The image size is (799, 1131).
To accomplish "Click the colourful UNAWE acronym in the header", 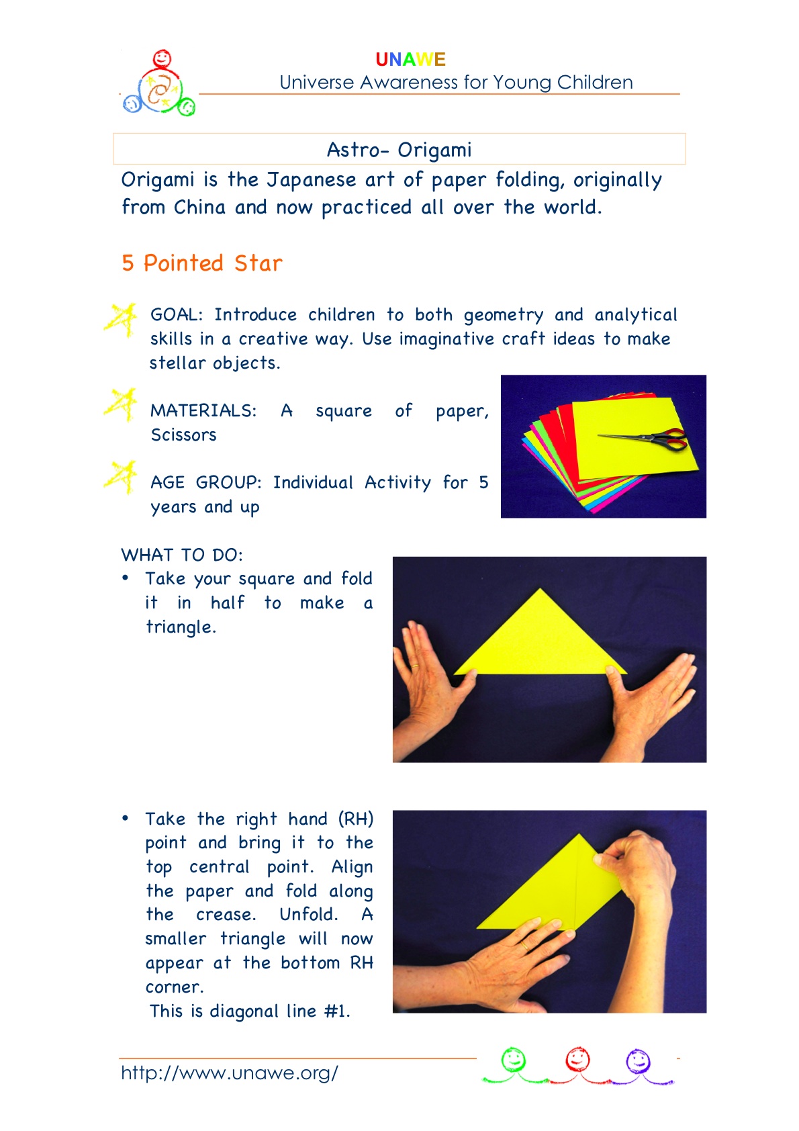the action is pyautogui.click(x=410, y=60).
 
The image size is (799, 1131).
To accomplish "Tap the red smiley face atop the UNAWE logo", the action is pyautogui.click(x=162, y=58).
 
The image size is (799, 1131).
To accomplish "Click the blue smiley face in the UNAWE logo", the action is pyautogui.click(x=132, y=103).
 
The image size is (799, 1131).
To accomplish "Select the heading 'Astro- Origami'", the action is pyautogui.click(x=399, y=150).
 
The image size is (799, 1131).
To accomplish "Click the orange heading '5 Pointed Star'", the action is pyautogui.click(x=202, y=263).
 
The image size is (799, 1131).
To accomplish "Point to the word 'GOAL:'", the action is pyautogui.click(x=177, y=314).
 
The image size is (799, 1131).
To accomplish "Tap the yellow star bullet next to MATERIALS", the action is pyautogui.click(x=120, y=405).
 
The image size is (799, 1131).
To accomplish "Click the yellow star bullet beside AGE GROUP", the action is pyautogui.click(x=120, y=477).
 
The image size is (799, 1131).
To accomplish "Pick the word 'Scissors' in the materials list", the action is pyautogui.click(x=184, y=435).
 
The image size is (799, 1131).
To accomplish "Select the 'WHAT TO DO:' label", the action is pyautogui.click(x=182, y=555).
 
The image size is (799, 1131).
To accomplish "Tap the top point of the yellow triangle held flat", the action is pyautogui.click(x=540, y=589).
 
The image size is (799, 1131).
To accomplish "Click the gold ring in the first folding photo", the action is pyautogui.click(x=415, y=666).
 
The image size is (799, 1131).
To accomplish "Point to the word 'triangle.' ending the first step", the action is pyautogui.click(x=181, y=627).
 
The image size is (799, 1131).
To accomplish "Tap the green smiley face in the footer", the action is pyautogui.click(x=514, y=1058).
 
